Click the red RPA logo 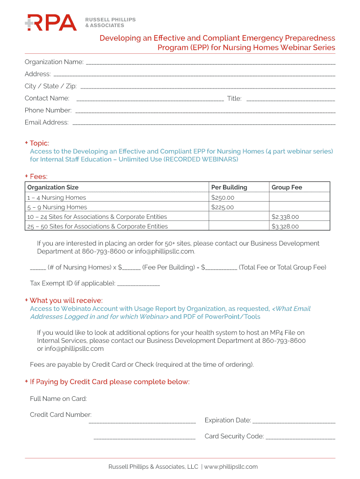pyautogui.click(x=50, y=22)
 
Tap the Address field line pyautogui.click(x=194, y=75)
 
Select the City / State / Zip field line pyautogui.click(x=208, y=87)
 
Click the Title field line pyautogui.click(x=290, y=100)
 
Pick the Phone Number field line pyautogui.click(x=205, y=112)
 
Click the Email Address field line pyautogui.click(x=204, y=124)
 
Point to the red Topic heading pyautogui.click(x=39, y=143)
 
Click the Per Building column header pyautogui.click(x=229, y=188)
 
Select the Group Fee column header pyautogui.click(x=287, y=188)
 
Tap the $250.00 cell pyautogui.click(x=223, y=197)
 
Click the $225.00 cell pyautogui.click(x=223, y=207)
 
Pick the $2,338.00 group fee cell pyautogui.click(x=285, y=217)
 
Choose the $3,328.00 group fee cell pyautogui.click(x=285, y=226)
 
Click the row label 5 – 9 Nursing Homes pyautogui.click(x=57, y=207)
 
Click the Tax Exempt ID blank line pyautogui.click(x=138, y=284)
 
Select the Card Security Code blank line pyautogui.click(x=300, y=438)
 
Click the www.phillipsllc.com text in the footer pyautogui.click(x=230, y=466)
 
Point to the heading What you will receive pyautogui.click(x=66, y=300)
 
